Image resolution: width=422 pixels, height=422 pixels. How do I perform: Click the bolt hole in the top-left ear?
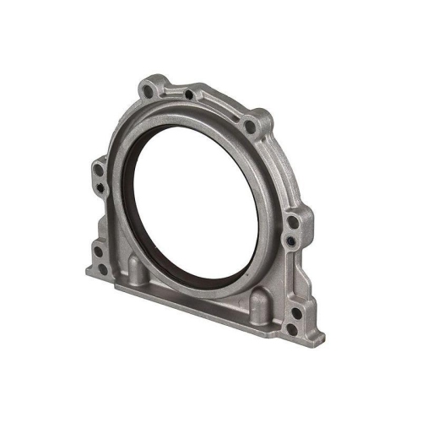(151, 86)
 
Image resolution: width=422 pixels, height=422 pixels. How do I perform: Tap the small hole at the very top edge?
(197, 95)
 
